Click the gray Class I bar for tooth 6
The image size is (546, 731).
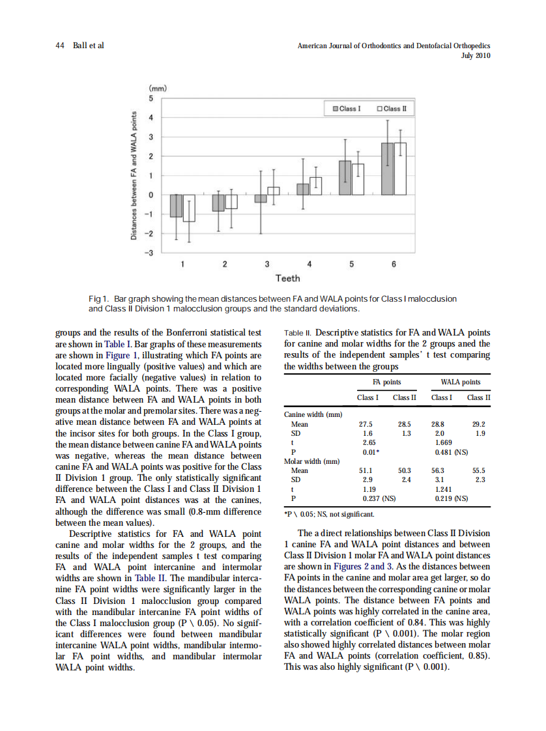(x=388, y=169)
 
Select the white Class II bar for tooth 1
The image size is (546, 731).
(x=189, y=208)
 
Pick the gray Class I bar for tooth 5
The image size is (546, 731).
(x=345, y=178)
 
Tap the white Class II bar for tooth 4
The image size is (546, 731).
(x=316, y=186)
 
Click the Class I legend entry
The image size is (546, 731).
(x=345, y=108)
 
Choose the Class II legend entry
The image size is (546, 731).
(x=391, y=108)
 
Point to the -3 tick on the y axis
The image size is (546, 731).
(x=150, y=253)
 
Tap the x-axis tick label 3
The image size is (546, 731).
(x=266, y=265)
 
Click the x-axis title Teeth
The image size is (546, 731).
(x=287, y=279)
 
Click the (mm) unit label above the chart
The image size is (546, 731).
(x=158, y=88)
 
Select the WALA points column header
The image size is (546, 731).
(x=461, y=382)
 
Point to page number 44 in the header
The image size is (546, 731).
(x=59, y=46)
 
